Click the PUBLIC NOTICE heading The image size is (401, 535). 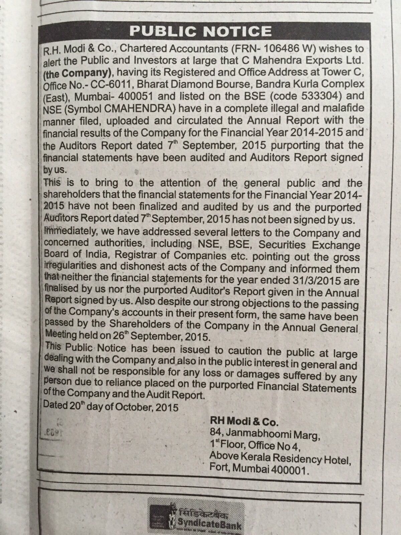[x=200, y=31]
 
